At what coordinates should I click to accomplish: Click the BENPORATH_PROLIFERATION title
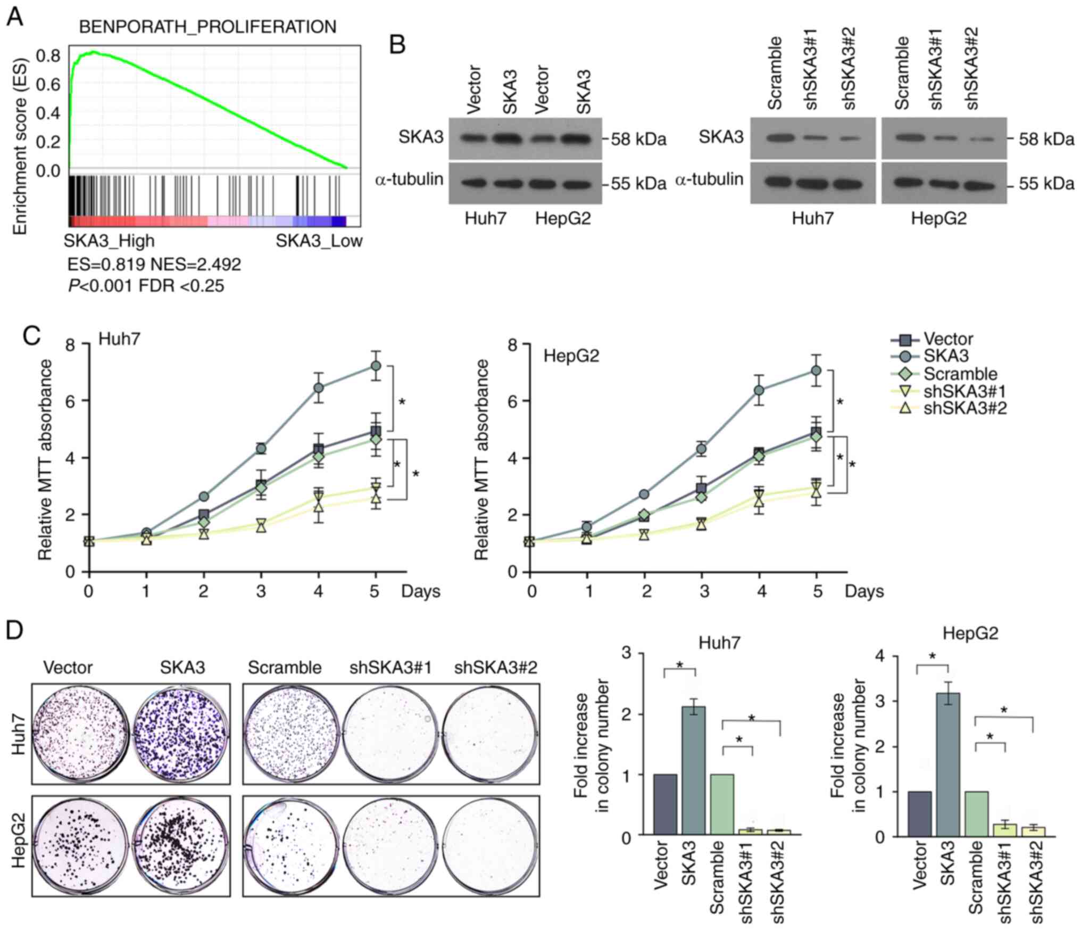tap(207, 27)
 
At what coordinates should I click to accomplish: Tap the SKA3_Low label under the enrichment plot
tap(319, 241)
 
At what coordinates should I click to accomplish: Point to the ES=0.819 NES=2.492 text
tap(154, 264)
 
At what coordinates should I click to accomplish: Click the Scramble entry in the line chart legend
tap(960, 373)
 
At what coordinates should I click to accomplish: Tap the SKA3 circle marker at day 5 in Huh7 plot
tap(376, 366)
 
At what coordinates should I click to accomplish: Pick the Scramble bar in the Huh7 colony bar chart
tap(722, 804)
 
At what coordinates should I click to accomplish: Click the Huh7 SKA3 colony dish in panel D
tap(182, 733)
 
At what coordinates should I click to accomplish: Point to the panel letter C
tap(32, 336)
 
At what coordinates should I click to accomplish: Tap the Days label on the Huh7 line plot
tap(421, 591)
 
